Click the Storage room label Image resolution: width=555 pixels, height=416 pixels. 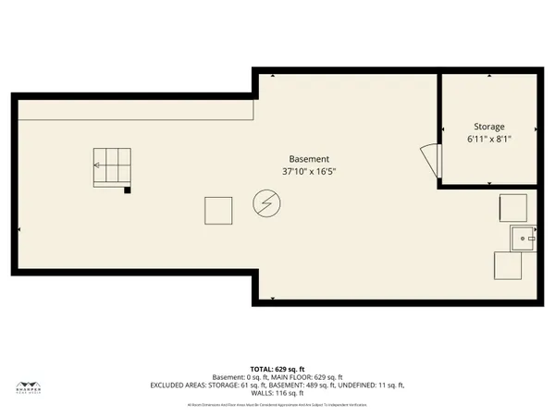pyautogui.click(x=489, y=127)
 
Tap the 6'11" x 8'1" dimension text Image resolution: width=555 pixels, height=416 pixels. pyautogui.click(x=489, y=139)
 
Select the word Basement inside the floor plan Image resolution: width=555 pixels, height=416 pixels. pyautogui.click(x=308, y=159)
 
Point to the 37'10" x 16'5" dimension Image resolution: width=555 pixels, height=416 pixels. pyautogui.click(x=308, y=171)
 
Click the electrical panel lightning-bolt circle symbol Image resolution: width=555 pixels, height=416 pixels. pyautogui.click(x=265, y=203)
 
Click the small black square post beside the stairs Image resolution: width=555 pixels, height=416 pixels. pyautogui.click(x=128, y=190)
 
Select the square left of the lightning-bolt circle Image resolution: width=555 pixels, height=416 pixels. pyautogui.click(x=218, y=211)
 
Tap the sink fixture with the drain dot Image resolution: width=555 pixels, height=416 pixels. pyautogui.click(x=524, y=239)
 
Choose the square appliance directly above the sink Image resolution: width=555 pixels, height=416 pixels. pyautogui.click(x=513, y=208)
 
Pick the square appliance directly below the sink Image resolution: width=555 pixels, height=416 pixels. pyautogui.click(x=507, y=266)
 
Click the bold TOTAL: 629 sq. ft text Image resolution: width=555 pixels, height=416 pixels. pyautogui.click(x=277, y=368)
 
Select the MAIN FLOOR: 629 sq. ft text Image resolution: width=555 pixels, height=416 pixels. pyautogui.click(x=311, y=376)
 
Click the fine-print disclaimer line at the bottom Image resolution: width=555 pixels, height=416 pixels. pyautogui.click(x=277, y=404)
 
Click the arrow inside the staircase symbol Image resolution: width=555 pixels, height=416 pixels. pyautogui.click(x=97, y=165)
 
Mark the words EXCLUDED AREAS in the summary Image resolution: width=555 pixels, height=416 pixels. pyautogui.click(x=179, y=385)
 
